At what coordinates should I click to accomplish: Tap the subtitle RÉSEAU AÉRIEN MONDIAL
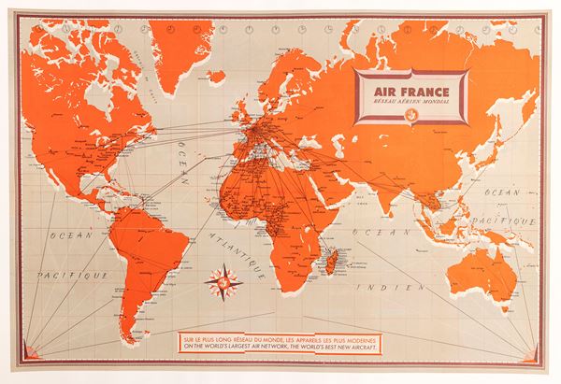point(409,104)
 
